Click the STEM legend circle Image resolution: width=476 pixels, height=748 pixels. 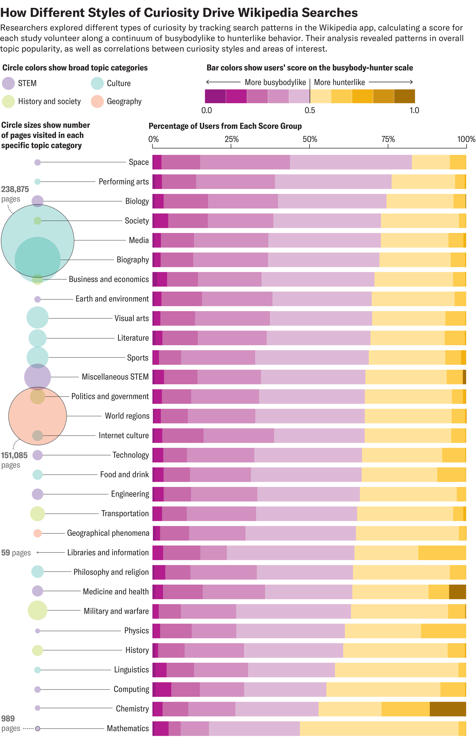pos(8,83)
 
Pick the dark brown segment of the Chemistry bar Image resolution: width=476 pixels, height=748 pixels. pos(447,709)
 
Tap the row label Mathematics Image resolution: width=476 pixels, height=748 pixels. pos(128,728)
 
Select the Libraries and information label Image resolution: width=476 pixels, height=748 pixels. pos(108,553)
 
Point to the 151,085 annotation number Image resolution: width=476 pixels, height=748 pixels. pos(14,455)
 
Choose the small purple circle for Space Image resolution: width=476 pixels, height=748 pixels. pos(37,162)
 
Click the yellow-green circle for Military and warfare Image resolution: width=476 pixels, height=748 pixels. pos(37,610)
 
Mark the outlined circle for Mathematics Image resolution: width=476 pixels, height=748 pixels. pos(37,728)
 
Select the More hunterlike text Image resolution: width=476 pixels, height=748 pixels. pos(339,82)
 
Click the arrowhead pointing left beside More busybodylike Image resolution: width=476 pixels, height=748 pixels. pos(208,82)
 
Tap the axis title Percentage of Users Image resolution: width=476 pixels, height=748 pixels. pos(225,126)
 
